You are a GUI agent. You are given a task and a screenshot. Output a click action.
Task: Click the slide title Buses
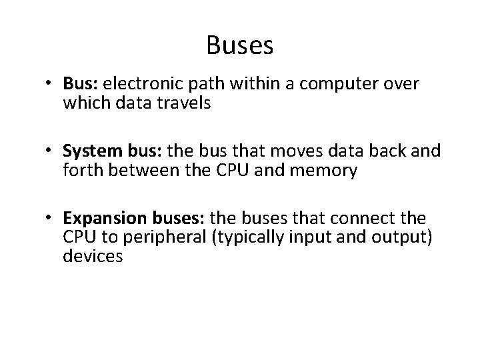[x=240, y=45]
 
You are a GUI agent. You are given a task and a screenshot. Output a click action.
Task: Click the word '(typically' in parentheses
[x=243, y=238]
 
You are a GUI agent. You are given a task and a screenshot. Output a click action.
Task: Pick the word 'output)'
[x=409, y=238]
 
